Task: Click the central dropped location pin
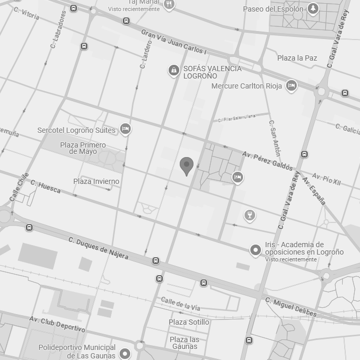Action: point(186,166)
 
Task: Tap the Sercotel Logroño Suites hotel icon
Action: point(125,129)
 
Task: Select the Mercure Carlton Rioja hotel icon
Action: point(291,85)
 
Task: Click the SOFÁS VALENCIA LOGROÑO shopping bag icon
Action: point(173,70)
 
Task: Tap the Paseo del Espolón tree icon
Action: point(313,9)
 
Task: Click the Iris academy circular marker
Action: point(256,250)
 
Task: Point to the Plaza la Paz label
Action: point(297,58)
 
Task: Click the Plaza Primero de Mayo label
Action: point(83,148)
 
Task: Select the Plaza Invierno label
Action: point(96,181)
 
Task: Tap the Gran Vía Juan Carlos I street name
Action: point(174,42)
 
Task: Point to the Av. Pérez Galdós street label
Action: point(267,160)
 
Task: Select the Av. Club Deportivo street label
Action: point(57,324)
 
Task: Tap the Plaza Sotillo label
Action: point(189,322)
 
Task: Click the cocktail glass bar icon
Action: point(250,215)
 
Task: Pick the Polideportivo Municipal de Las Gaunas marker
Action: point(125,353)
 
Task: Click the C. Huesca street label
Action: point(45,186)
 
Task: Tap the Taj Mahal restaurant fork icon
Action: point(169,5)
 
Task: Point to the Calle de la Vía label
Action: point(181,304)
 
